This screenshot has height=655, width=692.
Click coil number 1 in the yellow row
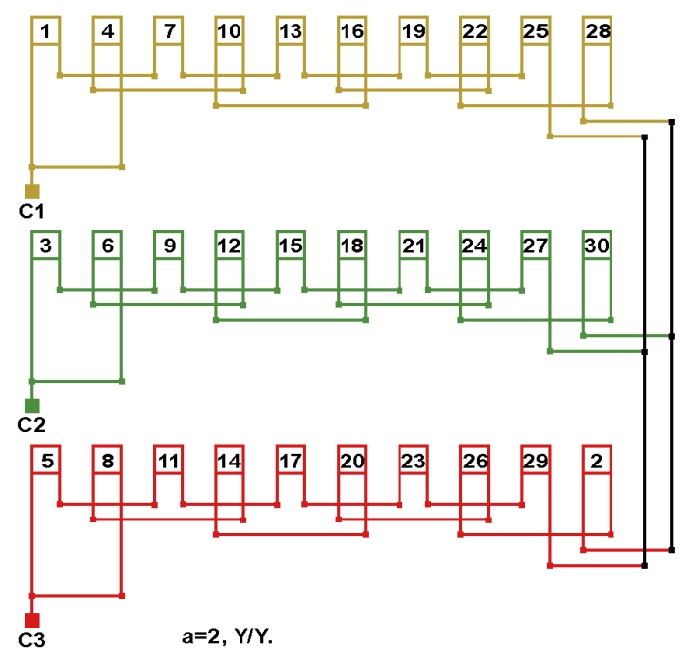click(46, 31)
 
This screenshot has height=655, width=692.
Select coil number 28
click(597, 31)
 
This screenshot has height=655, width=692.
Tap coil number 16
click(351, 31)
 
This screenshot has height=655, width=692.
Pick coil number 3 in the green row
click(46, 246)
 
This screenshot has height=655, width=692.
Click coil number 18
click(351, 246)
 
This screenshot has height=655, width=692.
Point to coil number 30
click(597, 246)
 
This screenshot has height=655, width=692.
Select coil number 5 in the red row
click(46, 460)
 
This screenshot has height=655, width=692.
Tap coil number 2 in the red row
click(597, 460)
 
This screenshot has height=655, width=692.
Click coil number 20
click(351, 460)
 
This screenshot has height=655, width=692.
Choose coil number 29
click(535, 460)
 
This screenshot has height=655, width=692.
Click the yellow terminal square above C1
click(32, 191)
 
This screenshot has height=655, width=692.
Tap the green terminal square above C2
click(32, 405)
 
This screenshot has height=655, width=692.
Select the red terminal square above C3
click(32, 620)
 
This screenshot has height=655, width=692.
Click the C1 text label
click(31, 210)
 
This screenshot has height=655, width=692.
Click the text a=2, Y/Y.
click(221, 636)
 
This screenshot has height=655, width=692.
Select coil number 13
click(290, 31)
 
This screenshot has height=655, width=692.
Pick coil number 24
click(474, 246)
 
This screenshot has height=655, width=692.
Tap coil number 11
click(169, 460)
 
